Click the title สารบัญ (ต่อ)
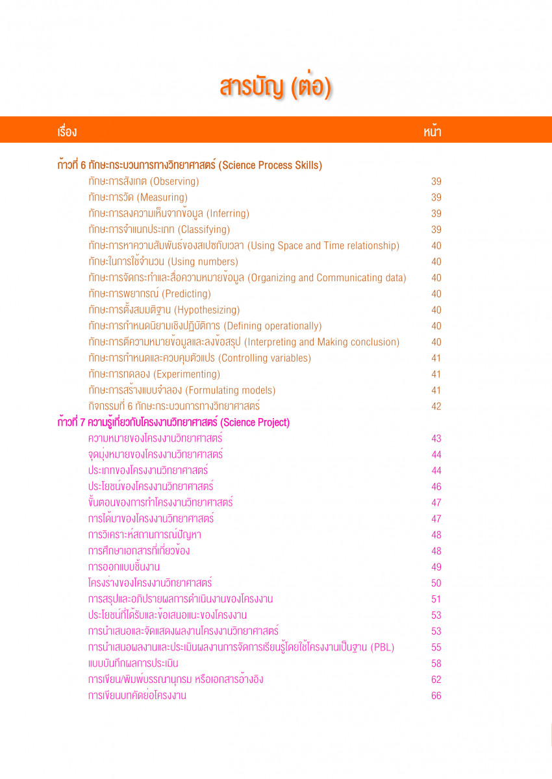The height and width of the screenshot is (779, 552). click(275, 87)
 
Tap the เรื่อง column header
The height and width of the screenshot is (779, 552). click(67, 132)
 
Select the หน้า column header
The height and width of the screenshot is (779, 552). click(433, 132)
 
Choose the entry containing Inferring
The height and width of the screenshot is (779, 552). click(169, 214)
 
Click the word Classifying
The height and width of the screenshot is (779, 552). click(204, 230)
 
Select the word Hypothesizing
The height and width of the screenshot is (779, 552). click(207, 310)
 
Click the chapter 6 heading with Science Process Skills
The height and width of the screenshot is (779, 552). click(190, 166)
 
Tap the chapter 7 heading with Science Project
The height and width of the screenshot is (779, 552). click(173, 423)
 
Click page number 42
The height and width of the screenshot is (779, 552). click(436, 406)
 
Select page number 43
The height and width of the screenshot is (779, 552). click(436, 439)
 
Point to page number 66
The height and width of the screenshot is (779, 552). click(436, 696)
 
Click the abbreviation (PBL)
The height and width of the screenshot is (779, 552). click(382, 647)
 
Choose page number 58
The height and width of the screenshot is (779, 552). click(436, 663)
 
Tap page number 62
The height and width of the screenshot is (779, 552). click(436, 680)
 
